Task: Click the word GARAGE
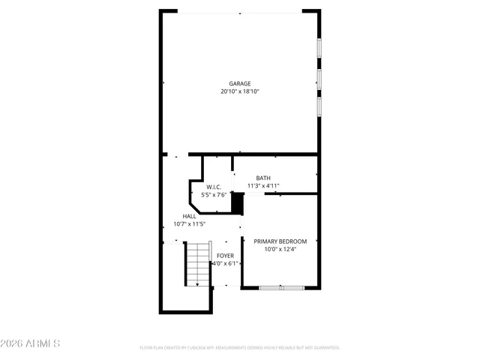click(240, 83)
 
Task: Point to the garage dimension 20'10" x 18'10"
click(240, 91)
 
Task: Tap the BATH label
click(263, 178)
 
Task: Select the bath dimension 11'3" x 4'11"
click(263, 186)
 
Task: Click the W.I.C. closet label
click(213, 187)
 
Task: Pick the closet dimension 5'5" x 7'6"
click(213, 195)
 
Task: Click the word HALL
click(189, 216)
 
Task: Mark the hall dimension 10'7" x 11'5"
click(189, 223)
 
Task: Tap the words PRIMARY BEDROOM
click(280, 241)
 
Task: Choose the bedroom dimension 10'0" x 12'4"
click(280, 249)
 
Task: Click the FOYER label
click(225, 256)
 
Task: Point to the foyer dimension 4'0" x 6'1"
click(225, 264)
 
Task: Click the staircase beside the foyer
click(197, 263)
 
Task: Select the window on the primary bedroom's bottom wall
click(281, 287)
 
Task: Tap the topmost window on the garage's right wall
click(319, 47)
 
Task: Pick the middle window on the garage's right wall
click(319, 78)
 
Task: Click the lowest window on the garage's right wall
click(319, 106)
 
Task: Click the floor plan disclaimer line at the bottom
click(240, 348)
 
